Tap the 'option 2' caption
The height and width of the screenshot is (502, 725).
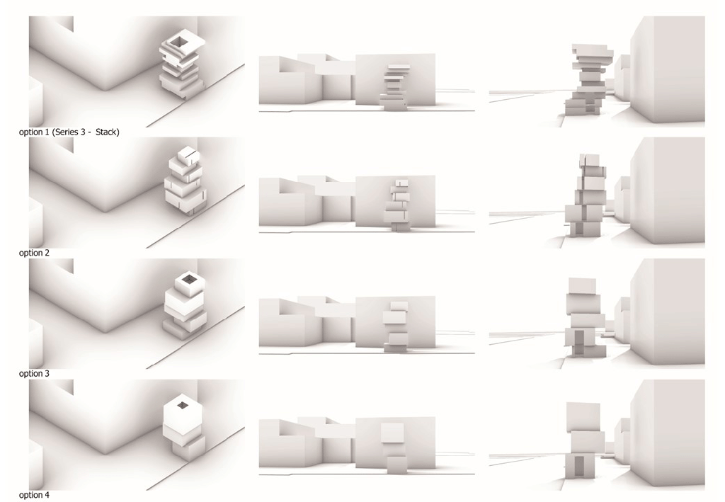(x=34, y=253)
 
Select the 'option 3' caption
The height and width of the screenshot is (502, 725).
(x=34, y=374)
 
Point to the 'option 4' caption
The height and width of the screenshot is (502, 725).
(x=34, y=495)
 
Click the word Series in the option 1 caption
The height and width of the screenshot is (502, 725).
(x=67, y=132)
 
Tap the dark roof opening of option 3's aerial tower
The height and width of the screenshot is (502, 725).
(x=188, y=279)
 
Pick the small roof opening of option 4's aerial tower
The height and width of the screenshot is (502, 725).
(x=183, y=406)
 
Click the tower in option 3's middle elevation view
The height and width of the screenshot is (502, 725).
(x=396, y=327)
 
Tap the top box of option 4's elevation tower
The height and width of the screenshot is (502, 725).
(x=393, y=433)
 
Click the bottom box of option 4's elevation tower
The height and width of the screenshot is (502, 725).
(x=396, y=464)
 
